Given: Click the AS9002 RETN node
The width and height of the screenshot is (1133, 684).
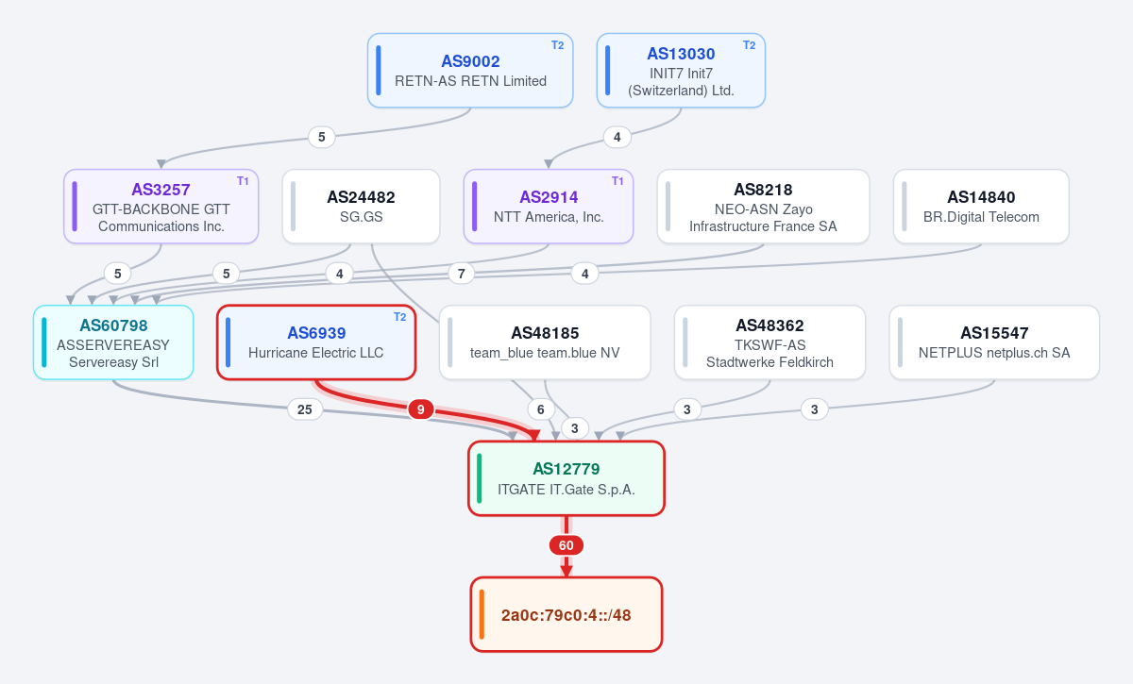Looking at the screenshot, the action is pos(470,70).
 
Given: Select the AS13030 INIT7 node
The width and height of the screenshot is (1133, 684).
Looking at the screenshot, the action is pos(681,70).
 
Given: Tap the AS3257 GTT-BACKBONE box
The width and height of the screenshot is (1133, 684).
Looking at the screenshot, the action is pos(161,207).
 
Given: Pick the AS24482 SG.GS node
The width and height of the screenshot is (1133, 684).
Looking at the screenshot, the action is pos(361,207).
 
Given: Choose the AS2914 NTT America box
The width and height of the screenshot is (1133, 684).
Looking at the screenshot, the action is pos(549,207).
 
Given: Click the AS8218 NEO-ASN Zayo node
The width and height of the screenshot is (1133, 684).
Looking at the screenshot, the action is pos(763,207).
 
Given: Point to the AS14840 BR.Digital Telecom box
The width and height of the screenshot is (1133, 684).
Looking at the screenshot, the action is pos(981,207).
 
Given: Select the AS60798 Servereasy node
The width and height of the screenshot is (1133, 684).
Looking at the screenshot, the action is pos(113,342).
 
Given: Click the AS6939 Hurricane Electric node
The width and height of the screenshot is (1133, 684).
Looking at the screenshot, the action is pos(316,342).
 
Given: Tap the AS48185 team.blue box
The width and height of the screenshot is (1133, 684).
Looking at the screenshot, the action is pos(545,342).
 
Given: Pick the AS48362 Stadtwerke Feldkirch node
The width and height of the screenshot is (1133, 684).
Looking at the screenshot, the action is pos(769,342).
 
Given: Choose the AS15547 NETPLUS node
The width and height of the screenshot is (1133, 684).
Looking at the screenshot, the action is pos(994,342).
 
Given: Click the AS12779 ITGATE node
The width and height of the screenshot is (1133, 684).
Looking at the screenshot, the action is pos(566,478).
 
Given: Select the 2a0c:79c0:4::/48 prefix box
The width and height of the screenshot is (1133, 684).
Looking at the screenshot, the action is pos(566,614).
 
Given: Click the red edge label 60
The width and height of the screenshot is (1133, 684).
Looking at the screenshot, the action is pos(566,545).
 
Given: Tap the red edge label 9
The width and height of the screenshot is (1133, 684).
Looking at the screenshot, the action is pos(421,409).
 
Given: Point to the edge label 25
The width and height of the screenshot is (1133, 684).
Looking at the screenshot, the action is pos(304,409).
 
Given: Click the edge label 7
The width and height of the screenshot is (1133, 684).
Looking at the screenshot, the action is pos(462,274).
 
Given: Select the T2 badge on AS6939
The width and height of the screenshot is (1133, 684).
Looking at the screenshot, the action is pos(399,317).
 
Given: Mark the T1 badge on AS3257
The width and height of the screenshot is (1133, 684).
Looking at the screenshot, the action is pos(243,181).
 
